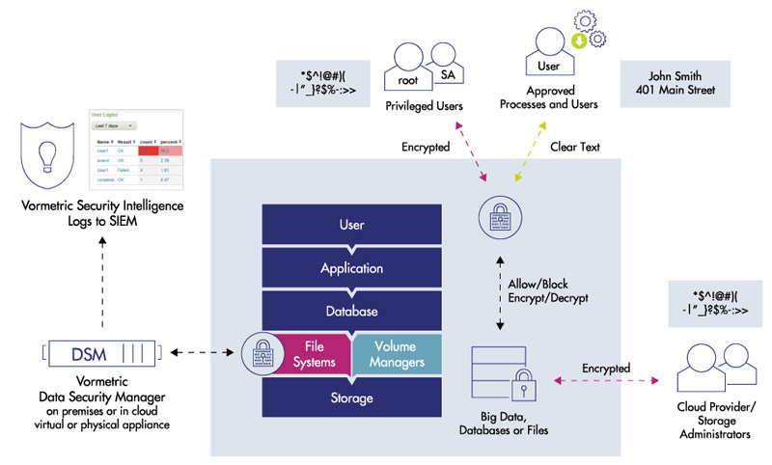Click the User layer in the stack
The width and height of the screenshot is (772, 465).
351,226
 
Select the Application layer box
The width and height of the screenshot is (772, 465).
351,269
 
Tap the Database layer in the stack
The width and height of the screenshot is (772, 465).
351,313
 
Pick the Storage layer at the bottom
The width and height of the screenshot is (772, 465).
351,397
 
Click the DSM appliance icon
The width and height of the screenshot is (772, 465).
101,353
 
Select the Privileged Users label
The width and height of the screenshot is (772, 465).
424,105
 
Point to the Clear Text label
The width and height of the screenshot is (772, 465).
575,148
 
